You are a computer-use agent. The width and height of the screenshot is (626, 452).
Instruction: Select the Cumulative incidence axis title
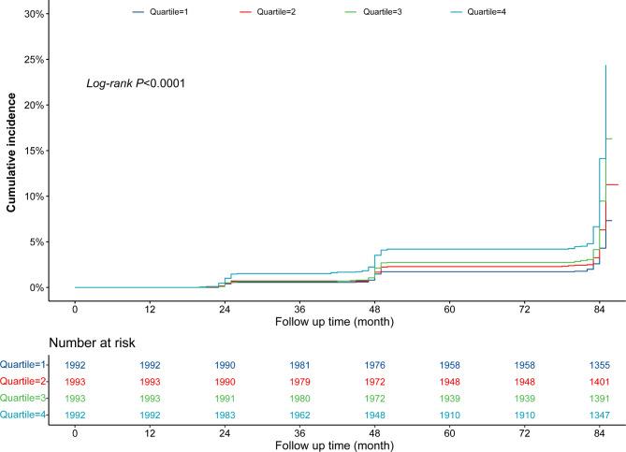click(x=13, y=155)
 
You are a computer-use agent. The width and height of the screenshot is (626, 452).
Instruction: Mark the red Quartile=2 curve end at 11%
click(x=613, y=184)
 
